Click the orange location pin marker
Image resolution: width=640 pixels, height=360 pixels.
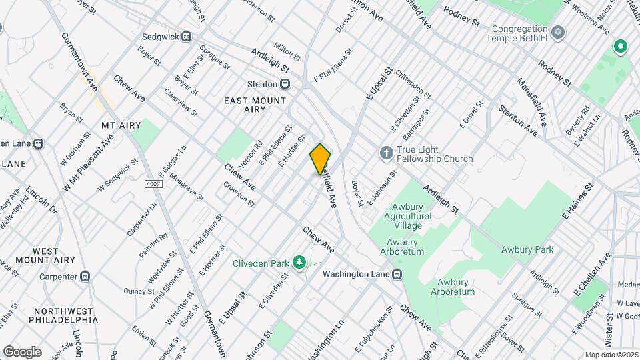tap(320, 159)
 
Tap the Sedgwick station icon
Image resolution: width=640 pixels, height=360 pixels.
tap(186, 37)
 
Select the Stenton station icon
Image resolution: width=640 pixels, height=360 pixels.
tap(285, 84)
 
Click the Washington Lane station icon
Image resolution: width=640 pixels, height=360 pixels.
tap(397, 274)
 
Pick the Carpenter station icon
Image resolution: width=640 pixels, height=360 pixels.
tap(85, 276)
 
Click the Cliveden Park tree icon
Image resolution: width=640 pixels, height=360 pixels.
tap(298, 263)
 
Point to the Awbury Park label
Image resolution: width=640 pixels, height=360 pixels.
tap(527, 250)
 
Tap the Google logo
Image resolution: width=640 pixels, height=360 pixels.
tap(22, 351)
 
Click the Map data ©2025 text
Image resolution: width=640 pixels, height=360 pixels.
tap(611, 354)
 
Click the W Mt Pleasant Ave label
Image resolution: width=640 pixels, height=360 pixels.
tap(88, 163)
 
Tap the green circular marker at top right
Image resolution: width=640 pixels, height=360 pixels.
tap(621, 46)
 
